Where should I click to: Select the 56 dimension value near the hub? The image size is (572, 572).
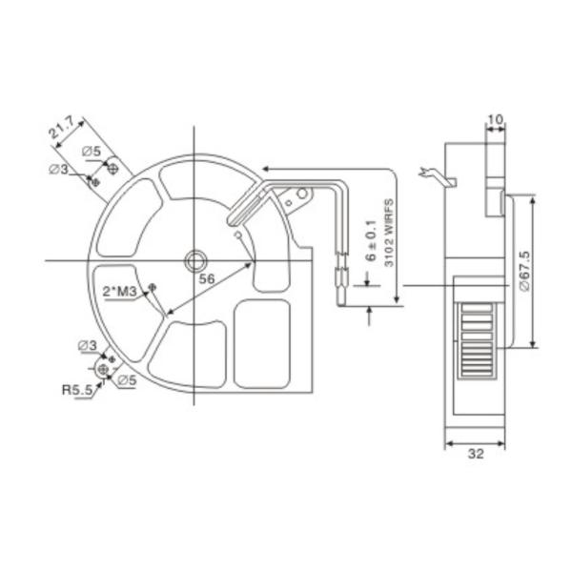[x=205, y=279]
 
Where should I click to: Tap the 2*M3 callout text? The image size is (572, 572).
[x=120, y=290]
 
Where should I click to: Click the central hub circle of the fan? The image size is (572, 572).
[x=195, y=260]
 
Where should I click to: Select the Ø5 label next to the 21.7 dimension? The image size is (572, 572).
[x=92, y=152]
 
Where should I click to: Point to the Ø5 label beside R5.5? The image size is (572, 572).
[x=125, y=379]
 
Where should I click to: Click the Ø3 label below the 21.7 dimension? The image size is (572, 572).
[x=58, y=170]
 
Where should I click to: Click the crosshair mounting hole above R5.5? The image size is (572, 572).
[x=104, y=368]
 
